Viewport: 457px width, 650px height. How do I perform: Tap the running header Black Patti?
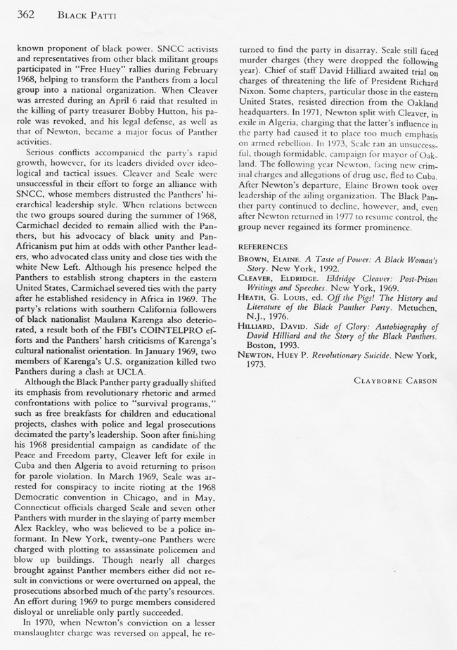point(82,13)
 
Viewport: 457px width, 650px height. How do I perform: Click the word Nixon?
point(255,91)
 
